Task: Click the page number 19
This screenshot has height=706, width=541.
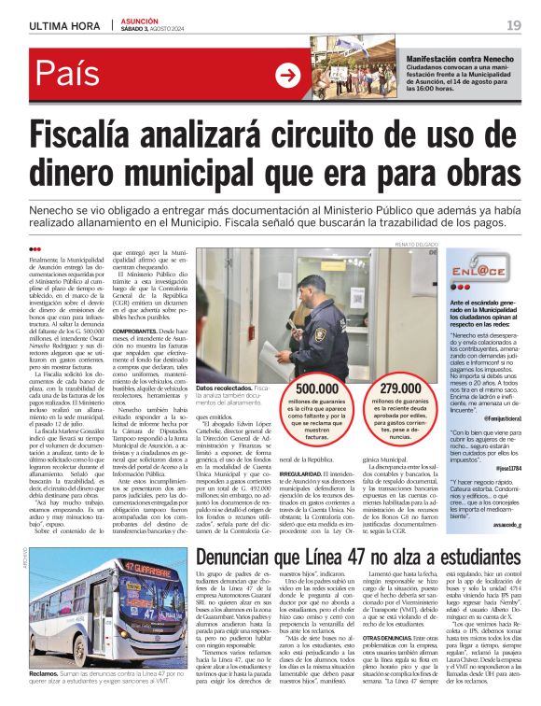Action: [x=514, y=24]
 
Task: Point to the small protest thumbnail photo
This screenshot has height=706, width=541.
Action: [x=346, y=73]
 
